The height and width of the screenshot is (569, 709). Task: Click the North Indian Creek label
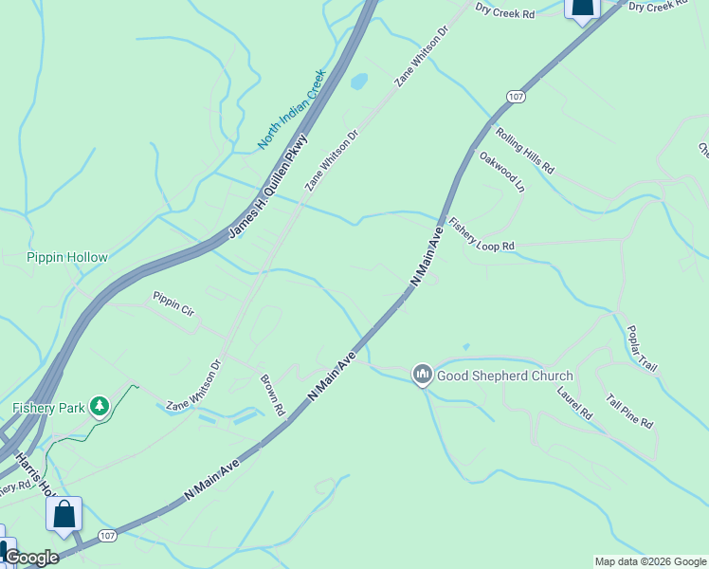click(292, 109)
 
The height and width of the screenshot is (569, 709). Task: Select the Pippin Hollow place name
click(67, 257)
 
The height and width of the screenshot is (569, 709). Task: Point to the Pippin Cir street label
click(173, 303)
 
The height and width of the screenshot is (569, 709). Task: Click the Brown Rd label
click(273, 395)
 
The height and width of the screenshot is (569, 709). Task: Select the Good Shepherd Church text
click(504, 376)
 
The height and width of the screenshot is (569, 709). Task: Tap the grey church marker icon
click(423, 376)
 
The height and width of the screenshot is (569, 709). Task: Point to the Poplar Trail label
click(642, 349)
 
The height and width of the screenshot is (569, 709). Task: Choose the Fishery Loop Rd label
click(482, 233)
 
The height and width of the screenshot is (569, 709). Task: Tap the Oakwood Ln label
click(501, 172)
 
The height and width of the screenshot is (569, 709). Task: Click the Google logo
click(30, 558)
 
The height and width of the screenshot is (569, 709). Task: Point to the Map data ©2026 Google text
click(650, 561)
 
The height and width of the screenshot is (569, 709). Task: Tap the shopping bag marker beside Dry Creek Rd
click(582, 8)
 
